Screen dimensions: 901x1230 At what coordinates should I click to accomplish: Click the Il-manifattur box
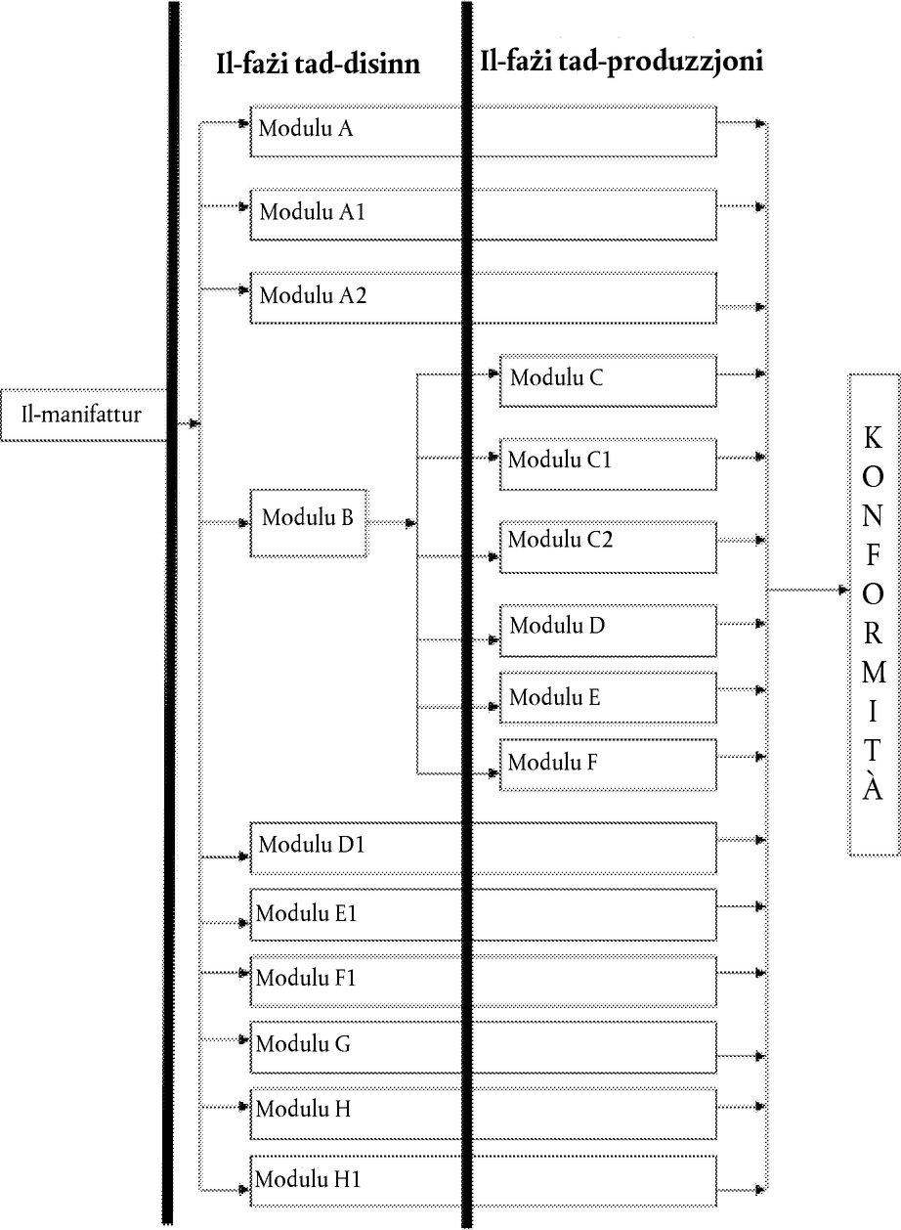tap(83, 416)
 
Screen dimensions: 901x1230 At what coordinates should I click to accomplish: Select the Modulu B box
tap(309, 523)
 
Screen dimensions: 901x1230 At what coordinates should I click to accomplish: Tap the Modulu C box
tap(608, 381)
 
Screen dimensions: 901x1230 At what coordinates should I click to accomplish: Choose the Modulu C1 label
tap(559, 460)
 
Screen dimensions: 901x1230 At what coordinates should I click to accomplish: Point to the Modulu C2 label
tap(560, 539)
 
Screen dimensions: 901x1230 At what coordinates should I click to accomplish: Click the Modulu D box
tap(608, 631)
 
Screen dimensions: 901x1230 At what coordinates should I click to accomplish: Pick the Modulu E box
tap(608, 698)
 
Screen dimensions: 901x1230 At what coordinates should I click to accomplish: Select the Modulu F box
tap(608, 765)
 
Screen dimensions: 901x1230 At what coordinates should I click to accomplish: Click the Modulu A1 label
tap(312, 212)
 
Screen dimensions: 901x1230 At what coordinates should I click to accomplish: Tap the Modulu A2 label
tap(313, 295)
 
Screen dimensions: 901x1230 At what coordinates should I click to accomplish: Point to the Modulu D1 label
tap(312, 845)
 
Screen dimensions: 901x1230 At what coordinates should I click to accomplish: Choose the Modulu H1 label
tap(308, 1179)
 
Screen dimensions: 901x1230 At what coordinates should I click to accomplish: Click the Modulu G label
tap(303, 1043)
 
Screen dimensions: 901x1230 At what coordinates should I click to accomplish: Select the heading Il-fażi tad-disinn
tap(319, 65)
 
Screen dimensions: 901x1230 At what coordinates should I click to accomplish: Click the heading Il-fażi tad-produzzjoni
tap(622, 61)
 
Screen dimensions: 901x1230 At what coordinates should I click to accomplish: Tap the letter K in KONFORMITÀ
tap(873, 438)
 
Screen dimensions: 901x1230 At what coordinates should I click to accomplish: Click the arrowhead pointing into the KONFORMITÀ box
tap(844, 591)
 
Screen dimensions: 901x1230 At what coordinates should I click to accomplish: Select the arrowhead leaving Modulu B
tap(410, 524)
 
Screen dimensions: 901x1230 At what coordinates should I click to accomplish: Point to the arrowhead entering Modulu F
tap(493, 773)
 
